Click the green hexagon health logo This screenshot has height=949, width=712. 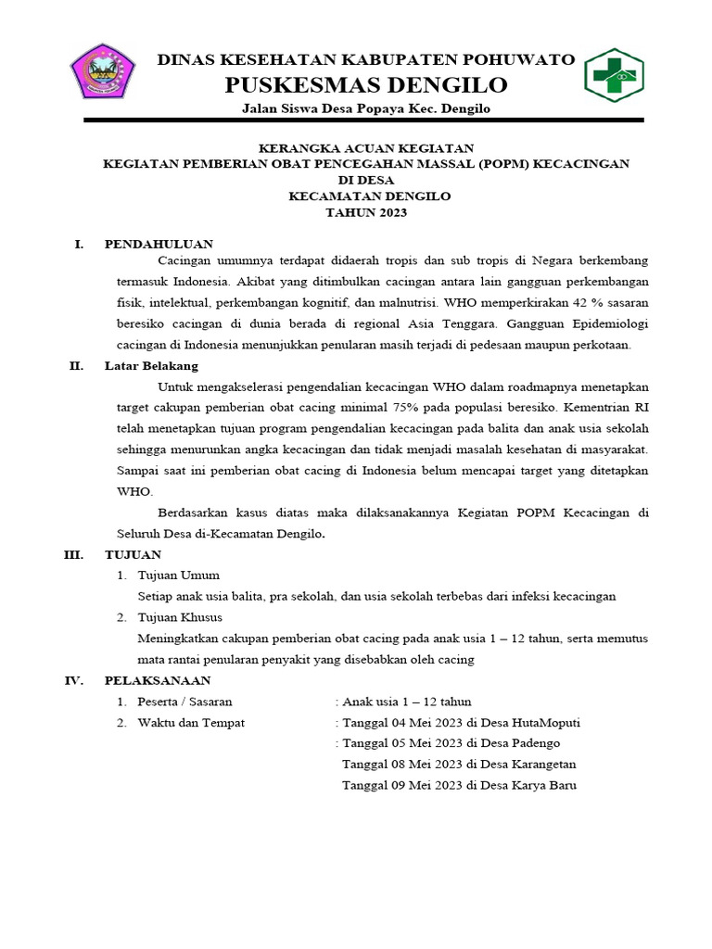[613, 75]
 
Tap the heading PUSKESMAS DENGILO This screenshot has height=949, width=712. [366, 85]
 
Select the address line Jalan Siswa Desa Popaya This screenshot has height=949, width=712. [366, 109]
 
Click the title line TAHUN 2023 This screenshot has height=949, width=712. [366, 213]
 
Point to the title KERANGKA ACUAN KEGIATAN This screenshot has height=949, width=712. [366, 147]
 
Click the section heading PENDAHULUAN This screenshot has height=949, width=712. [159, 245]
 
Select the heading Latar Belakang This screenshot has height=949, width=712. [151, 366]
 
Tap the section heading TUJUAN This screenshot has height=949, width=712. [133, 555]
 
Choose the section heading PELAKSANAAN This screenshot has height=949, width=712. [155, 680]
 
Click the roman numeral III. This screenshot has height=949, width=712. [74, 555]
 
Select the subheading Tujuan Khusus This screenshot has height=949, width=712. [180, 617]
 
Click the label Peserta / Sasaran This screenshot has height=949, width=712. [184, 702]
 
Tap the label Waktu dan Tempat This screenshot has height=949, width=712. [191, 723]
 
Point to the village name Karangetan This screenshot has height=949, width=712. [538, 765]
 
